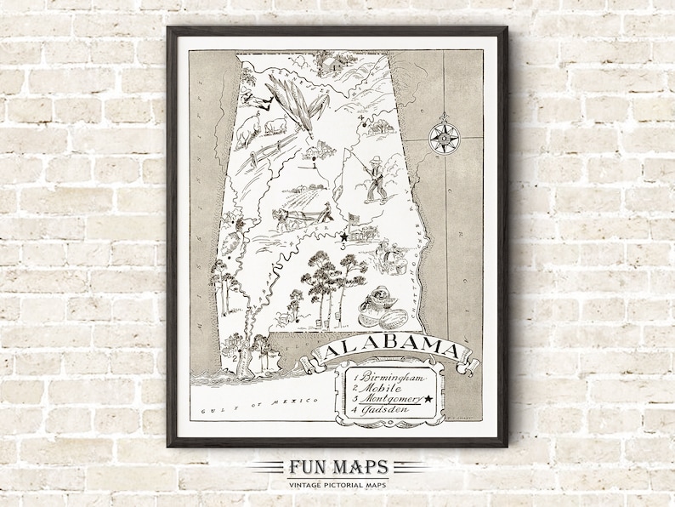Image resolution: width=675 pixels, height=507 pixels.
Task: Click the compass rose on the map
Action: coord(442,138)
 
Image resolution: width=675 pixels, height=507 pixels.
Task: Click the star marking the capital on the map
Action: coord(343,236)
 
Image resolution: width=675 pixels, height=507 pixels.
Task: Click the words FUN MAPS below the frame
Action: coord(337,466)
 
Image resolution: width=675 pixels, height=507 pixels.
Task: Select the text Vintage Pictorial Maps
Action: coord(337,484)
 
